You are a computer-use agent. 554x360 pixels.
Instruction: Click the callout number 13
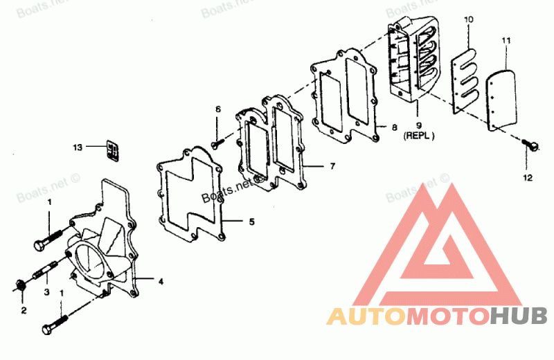[x=78, y=147]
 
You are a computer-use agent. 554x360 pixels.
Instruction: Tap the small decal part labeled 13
[x=113, y=150]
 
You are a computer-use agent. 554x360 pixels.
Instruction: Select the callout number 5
[x=251, y=222]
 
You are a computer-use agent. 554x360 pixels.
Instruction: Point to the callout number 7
[x=332, y=166]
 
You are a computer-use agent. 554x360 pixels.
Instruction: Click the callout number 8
[x=395, y=127]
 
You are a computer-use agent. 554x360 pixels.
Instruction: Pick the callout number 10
[x=469, y=19]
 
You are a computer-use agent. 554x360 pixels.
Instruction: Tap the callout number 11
[x=506, y=41]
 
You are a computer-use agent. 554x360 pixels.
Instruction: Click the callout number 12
[x=528, y=178]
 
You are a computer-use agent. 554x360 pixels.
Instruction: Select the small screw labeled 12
[x=530, y=145]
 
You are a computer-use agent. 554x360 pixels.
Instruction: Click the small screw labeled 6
[x=217, y=143]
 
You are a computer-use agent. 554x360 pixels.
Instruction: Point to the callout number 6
[x=218, y=109]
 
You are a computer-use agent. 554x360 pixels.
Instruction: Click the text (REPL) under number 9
[x=419, y=136]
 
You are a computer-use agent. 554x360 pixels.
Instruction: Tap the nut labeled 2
[x=19, y=285]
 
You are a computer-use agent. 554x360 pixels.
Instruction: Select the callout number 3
[x=46, y=292]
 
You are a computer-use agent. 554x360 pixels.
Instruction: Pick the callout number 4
[x=161, y=282]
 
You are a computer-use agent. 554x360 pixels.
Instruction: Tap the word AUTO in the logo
[x=366, y=316]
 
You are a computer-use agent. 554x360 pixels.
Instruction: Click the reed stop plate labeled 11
[x=501, y=100]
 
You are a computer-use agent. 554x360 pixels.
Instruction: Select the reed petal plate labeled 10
[x=465, y=81]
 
